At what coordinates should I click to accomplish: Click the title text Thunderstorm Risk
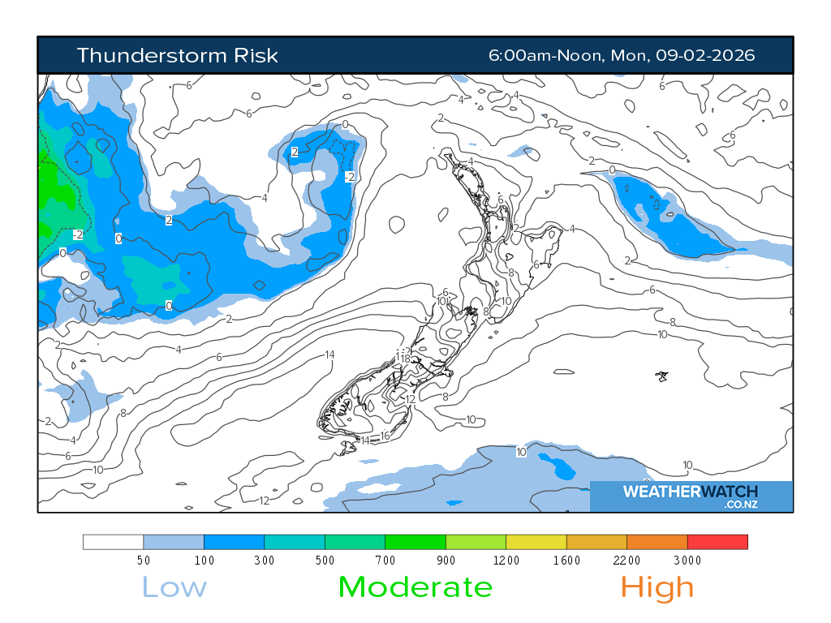click(177, 55)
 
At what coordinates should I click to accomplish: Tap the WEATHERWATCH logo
click(690, 492)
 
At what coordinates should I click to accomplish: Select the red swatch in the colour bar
click(717, 542)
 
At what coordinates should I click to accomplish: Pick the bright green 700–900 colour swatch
click(415, 542)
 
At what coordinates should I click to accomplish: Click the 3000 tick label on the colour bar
click(687, 561)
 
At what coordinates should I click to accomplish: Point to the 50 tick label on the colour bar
click(144, 561)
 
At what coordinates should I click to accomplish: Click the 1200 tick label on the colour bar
click(506, 561)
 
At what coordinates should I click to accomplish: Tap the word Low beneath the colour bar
click(174, 587)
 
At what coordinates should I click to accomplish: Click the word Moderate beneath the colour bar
click(415, 587)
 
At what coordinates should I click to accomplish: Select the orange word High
click(657, 587)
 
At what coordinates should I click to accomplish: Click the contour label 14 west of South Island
click(329, 354)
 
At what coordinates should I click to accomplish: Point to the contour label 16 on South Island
click(385, 436)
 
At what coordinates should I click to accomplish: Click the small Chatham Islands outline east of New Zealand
click(662, 376)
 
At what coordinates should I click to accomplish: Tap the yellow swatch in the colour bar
click(536, 542)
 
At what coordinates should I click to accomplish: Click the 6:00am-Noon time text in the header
click(543, 55)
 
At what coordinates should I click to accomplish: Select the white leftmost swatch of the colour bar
click(114, 542)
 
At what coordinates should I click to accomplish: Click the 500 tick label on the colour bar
click(325, 561)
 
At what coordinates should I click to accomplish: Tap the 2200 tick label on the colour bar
click(626, 561)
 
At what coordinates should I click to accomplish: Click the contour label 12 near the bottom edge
click(264, 500)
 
